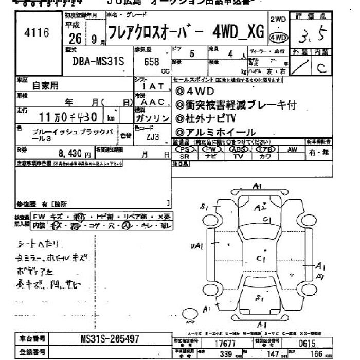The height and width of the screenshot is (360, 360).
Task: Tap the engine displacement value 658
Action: (152, 61)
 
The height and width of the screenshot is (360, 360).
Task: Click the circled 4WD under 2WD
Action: (278, 38)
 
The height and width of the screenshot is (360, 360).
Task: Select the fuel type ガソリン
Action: (152, 118)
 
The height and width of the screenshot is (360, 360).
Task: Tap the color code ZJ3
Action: (152, 137)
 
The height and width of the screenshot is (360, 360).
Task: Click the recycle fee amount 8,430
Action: (75, 153)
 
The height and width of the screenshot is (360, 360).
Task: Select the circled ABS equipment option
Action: (238, 149)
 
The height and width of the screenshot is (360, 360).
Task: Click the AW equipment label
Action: (292, 149)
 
